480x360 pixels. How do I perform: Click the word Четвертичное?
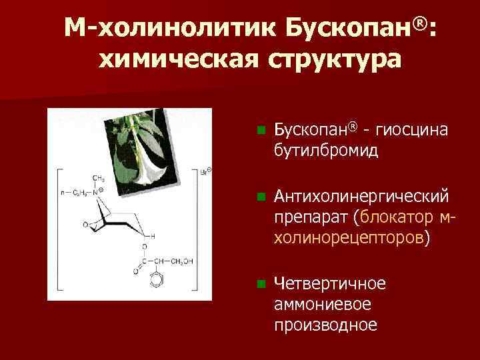pos(330,284)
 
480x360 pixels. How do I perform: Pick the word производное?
pos(325,325)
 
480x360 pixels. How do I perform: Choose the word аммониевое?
pos(323,304)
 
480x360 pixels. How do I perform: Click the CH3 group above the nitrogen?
pos(99,179)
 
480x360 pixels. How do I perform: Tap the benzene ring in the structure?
pos(155,281)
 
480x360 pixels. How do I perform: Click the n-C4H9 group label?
pos(74,192)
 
